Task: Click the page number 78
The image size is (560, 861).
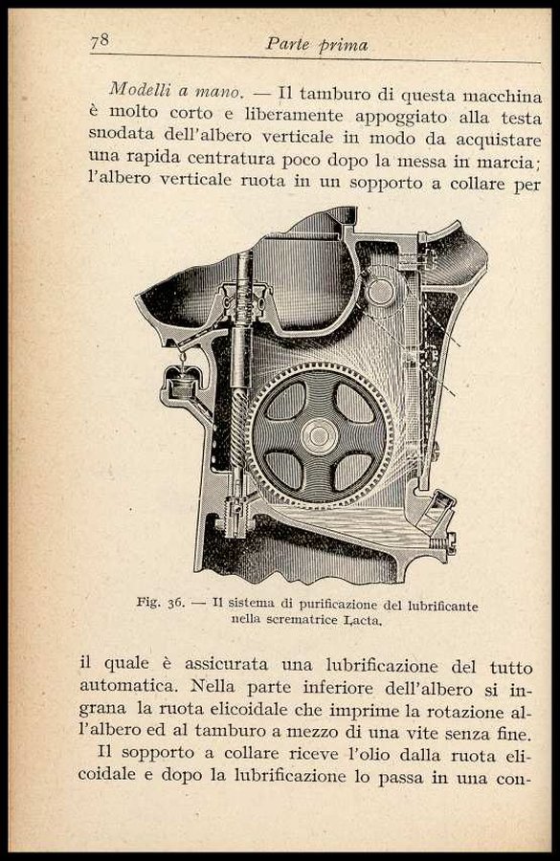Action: pos(100,42)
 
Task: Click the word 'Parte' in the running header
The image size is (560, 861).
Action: pos(287,44)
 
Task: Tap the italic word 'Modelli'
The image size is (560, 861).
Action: pos(138,90)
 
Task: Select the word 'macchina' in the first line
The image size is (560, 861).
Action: pos(502,97)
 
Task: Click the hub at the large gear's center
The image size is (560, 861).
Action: pos(320,436)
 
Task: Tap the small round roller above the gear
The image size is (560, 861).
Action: pos(380,292)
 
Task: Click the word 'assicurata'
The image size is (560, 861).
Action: pos(227,664)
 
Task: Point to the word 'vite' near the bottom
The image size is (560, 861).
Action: pos(421,733)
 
